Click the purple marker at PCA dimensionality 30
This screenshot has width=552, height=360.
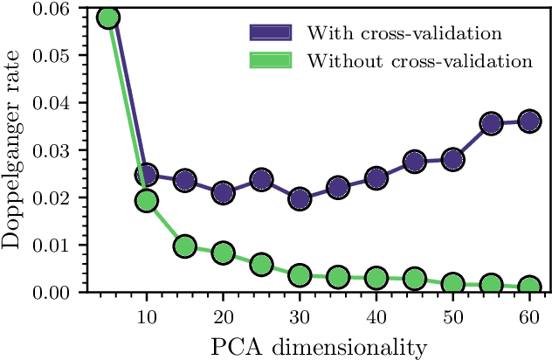(x=300, y=199)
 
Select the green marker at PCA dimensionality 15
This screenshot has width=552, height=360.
(x=184, y=246)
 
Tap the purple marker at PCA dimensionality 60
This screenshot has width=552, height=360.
(x=529, y=121)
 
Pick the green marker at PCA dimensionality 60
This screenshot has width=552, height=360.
(x=529, y=287)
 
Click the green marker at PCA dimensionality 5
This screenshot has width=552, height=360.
(x=108, y=17)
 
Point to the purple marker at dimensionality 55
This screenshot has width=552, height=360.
(x=491, y=123)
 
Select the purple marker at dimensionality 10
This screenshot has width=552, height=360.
(x=146, y=175)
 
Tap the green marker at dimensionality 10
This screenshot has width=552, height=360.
(x=146, y=201)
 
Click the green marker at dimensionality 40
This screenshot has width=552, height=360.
(x=376, y=279)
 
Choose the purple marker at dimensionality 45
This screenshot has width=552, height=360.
(x=415, y=161)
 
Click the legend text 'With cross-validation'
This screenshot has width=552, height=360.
(x=403, y=34)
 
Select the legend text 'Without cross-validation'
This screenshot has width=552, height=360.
(x=418, y=61)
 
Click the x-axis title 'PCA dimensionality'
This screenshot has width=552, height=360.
(x=319, y=347)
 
